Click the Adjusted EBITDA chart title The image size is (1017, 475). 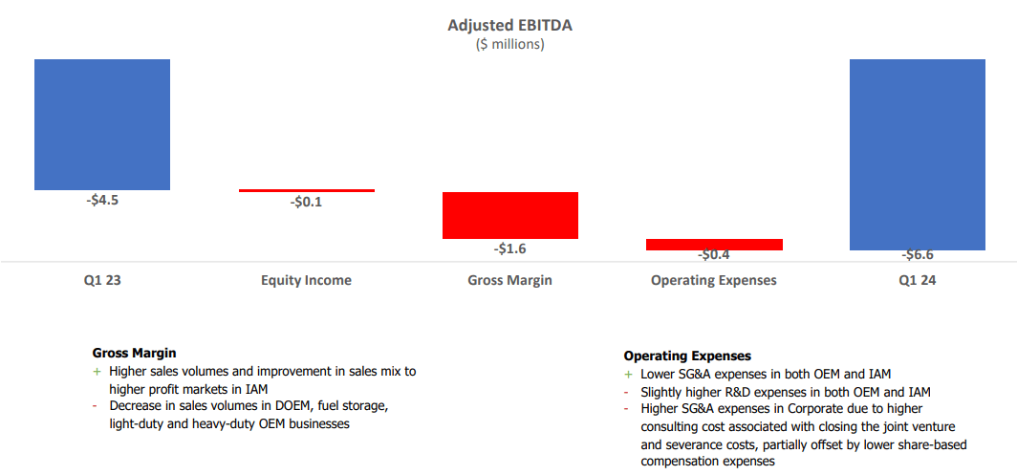pos(509,25)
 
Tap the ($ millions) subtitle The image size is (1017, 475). pos(509,44)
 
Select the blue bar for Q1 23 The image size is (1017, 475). pos(102,124)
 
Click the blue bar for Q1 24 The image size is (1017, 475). pos(918,154)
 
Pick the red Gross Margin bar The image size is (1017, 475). pos(509,215)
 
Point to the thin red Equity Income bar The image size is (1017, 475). pos(306,190)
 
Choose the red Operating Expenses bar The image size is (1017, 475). pos(714,245)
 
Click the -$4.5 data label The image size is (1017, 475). pos(102,201)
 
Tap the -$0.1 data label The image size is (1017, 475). pos(306,202)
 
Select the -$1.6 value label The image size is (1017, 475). pos(509,248)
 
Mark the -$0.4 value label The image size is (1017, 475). pos(714,255)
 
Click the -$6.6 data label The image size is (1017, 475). pos(918,255)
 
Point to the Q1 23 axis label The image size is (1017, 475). pos(102,281)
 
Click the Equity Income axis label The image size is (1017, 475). pos(306,281)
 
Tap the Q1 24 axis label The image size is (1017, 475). pos(918,281)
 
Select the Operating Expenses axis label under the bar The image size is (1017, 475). pos(714,281)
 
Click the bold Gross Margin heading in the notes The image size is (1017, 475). pos(135,353)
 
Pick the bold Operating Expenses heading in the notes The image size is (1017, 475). pos(687,356)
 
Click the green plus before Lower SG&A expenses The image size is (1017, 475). pos(628,375)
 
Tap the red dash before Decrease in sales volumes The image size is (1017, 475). pos(96,406)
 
